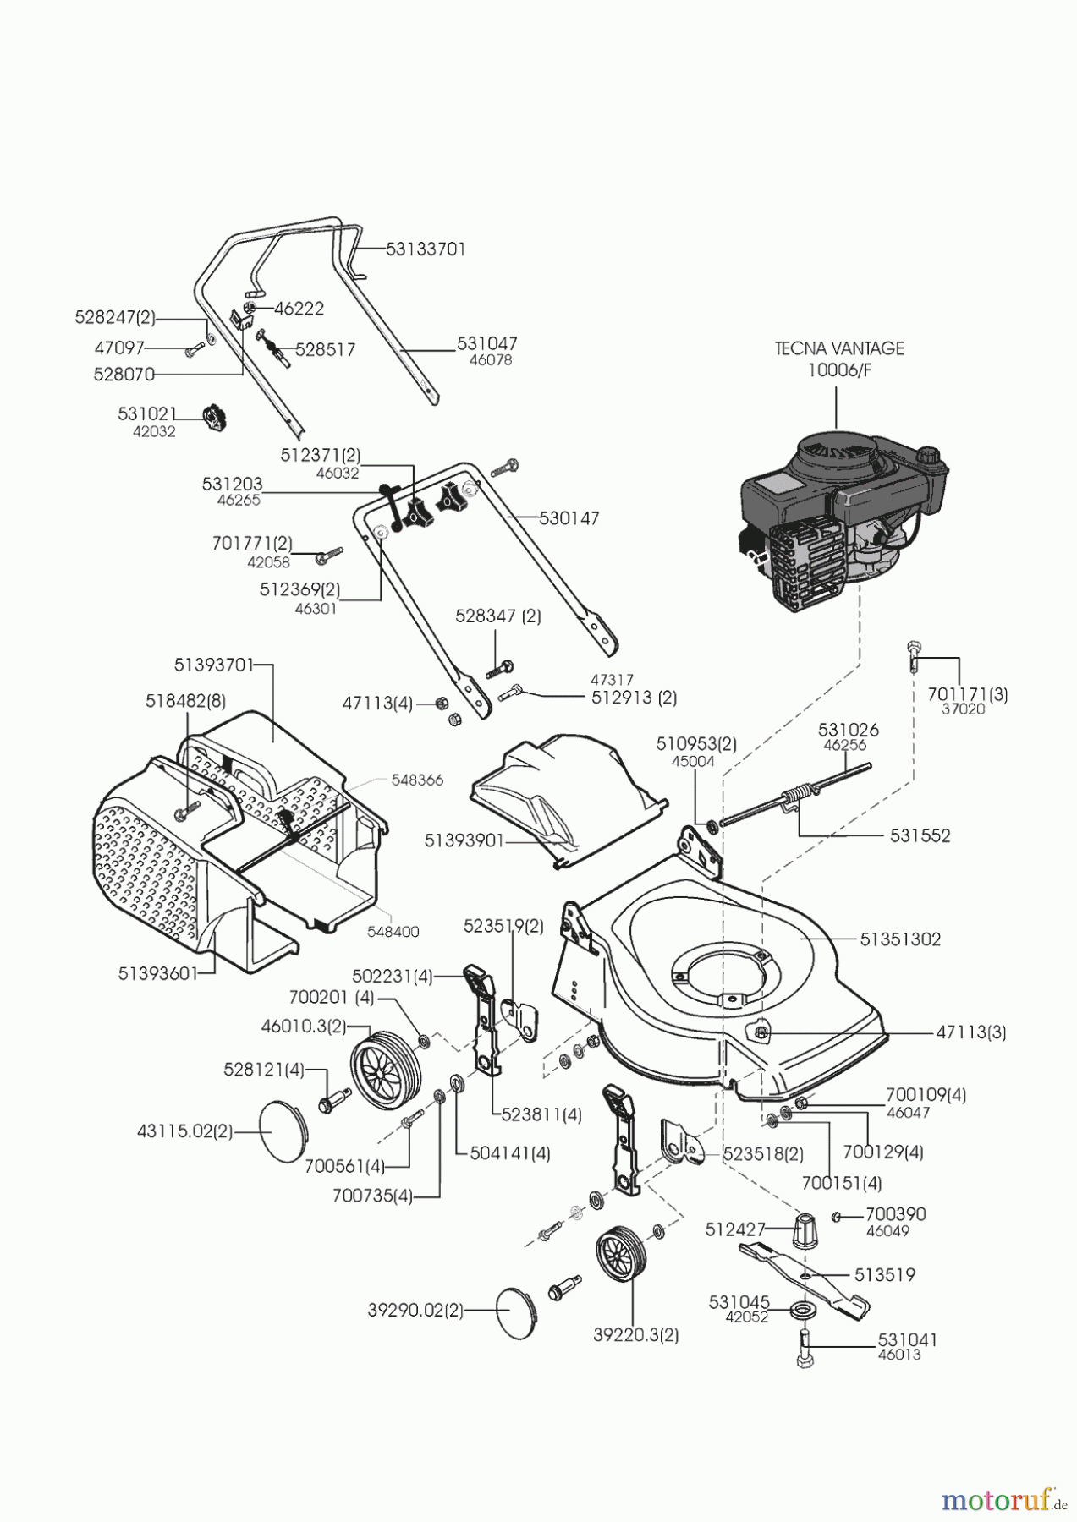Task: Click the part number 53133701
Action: pyautogui.click(x=426, y=249)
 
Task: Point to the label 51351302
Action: pyautogui.click(x=900, y=939)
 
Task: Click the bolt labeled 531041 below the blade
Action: pyautogui.click(x=804, y=1349)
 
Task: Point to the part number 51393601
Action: pyautogui.click(x=157, y=973)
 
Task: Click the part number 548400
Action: pyautogui.click(x=393, y=931)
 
